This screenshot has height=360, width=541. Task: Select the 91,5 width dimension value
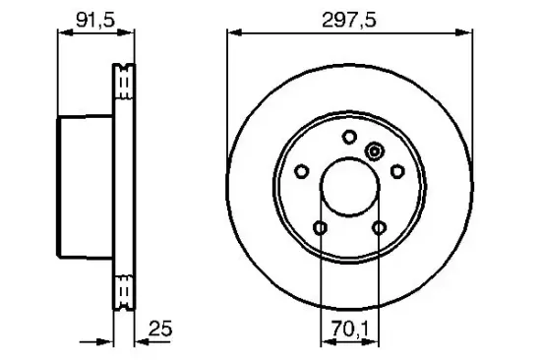tap(95, 18)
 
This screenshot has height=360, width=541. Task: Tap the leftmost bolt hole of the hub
tap(302, 172)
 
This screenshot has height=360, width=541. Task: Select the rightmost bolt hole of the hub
tap(398, 172)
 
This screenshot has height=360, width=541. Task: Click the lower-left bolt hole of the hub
tap(321, 228)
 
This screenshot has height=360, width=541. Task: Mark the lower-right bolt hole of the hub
tap(381, 228)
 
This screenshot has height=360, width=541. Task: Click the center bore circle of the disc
tap(350, 187)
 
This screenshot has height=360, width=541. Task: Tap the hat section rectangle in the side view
tap(87, 188)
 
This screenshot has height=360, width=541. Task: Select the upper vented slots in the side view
tap(125, 83)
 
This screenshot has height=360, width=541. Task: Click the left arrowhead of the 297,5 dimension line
tap(233, 31)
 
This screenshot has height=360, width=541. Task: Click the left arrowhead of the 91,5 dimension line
tap(62, 31)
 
